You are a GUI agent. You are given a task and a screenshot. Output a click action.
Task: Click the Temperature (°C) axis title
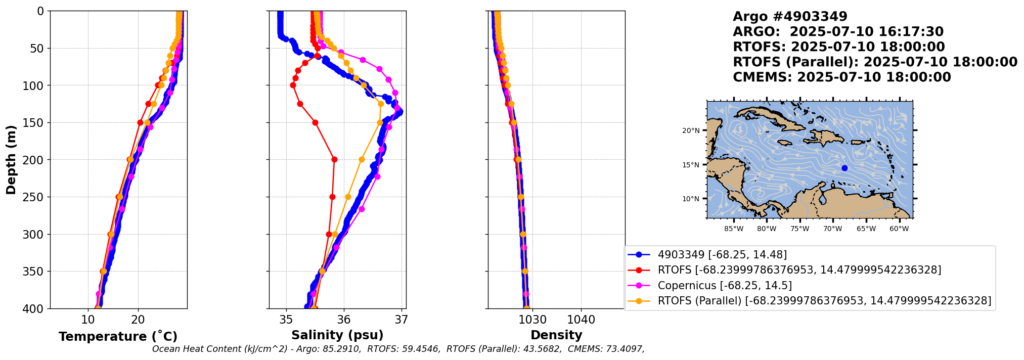[118, 336]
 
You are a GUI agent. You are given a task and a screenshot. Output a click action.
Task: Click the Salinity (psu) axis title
[337, 335]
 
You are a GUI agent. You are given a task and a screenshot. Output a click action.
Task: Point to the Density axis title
[556, 335]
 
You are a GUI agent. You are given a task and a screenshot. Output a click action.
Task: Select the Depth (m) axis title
[11, 160]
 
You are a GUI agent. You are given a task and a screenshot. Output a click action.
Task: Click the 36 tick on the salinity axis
[344, 320]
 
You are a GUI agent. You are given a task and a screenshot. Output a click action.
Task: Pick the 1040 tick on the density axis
[581, 320]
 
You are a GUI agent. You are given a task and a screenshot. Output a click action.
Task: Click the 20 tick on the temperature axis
[138, 320]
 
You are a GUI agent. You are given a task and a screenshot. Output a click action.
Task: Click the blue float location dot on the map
[844, 168]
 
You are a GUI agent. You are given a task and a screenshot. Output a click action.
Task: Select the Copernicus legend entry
[725, 286]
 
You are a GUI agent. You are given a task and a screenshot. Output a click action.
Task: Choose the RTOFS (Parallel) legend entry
[824, 301]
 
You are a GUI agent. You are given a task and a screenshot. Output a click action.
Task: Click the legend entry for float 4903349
[722, 255]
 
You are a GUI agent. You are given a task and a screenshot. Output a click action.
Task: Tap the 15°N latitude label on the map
[691, 165]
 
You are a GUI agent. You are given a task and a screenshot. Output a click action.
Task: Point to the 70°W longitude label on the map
[833, 229]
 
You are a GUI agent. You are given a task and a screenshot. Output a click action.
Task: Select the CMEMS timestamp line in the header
[841, 77]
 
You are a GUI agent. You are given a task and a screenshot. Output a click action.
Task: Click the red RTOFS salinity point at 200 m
[334, 160]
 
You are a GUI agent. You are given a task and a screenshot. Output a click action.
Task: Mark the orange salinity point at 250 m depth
[348, 197]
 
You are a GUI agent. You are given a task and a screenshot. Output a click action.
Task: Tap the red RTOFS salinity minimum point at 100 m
[293, 85]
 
